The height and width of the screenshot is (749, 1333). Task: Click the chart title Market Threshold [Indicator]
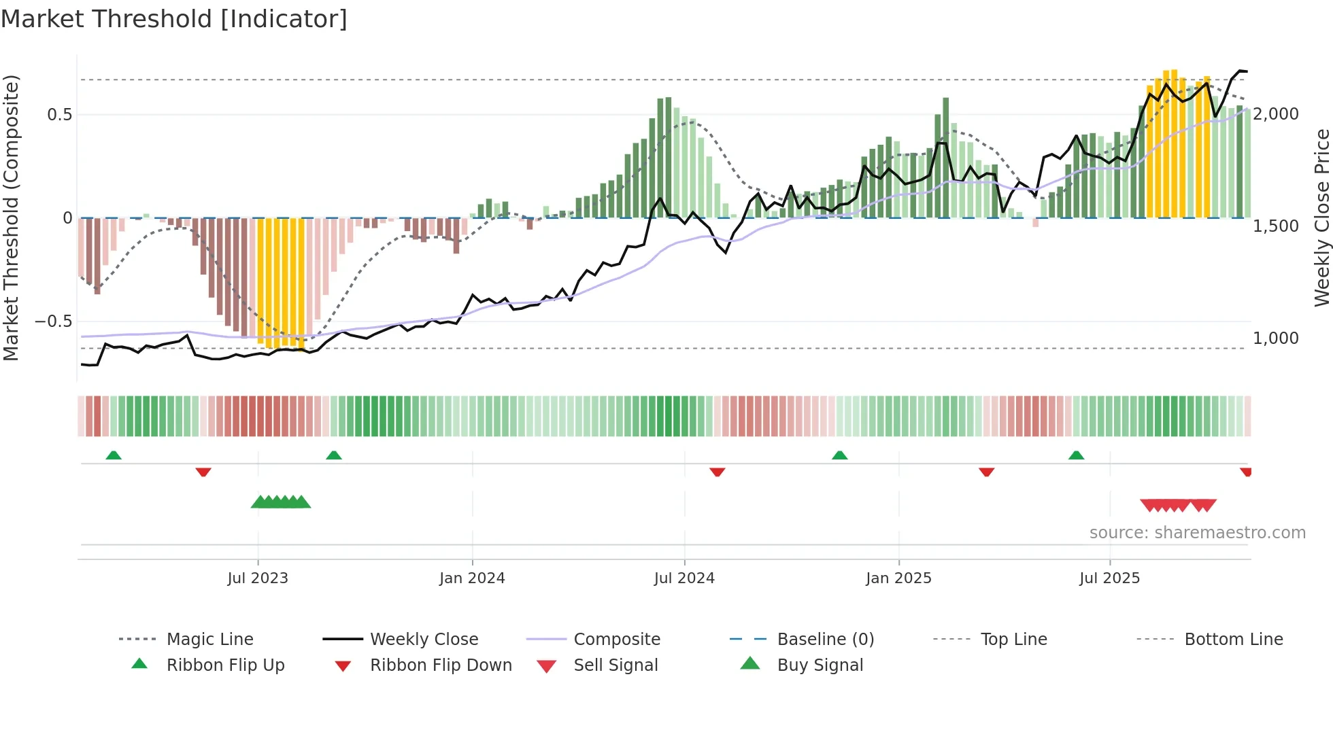174,19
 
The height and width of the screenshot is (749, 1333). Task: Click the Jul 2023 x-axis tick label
258,578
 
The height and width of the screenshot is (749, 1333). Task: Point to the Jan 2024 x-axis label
472,578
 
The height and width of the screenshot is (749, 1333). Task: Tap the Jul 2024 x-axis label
684,578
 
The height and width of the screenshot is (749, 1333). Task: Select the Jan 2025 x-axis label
898,578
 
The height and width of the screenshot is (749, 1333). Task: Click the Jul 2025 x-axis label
1109,578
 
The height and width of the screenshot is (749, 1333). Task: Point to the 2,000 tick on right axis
1276,114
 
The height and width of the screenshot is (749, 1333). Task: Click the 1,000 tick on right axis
1276,338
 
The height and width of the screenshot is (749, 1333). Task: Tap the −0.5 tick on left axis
54,321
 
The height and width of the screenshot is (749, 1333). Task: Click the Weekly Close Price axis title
1321,217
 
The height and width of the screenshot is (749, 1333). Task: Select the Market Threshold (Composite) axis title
11,217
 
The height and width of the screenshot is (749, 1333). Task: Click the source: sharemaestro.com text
1197,533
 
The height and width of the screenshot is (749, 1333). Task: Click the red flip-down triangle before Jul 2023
203,472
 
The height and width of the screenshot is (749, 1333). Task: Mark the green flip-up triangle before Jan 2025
840,455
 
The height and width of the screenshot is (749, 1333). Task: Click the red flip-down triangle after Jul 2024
717,472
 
